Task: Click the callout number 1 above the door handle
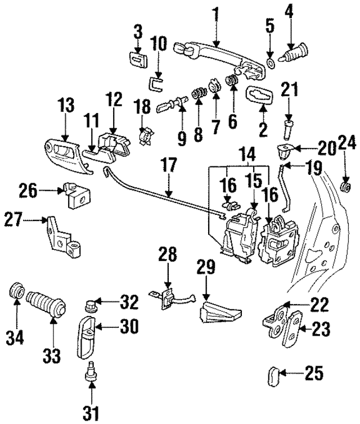coord(215,12)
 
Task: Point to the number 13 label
coord(65,105)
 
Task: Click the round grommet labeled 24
coord(346,185)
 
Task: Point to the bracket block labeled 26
coord(76,195)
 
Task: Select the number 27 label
coord(16,218)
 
